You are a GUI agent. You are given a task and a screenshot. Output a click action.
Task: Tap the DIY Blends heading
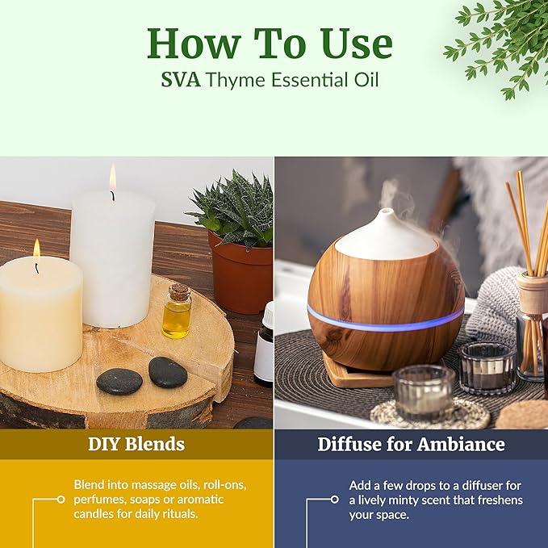136,444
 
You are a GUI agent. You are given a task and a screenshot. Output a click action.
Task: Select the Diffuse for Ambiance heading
411,444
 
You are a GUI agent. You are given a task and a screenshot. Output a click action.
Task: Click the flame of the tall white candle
112,180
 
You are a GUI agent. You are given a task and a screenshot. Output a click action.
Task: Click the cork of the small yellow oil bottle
178,291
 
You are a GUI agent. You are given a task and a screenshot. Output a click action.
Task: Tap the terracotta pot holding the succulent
241,270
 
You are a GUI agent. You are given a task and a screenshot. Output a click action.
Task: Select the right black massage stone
167,372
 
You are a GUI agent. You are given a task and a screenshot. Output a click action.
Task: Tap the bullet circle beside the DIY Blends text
61,500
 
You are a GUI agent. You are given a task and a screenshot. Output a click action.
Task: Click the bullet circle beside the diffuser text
334,500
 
